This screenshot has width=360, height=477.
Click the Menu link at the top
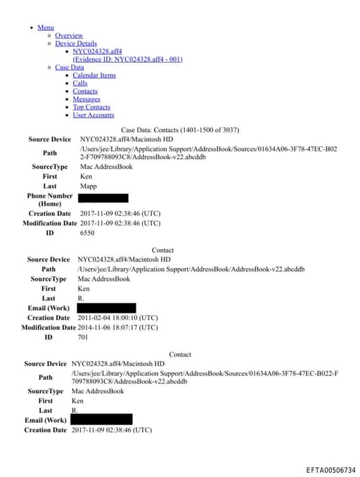pos(45,27)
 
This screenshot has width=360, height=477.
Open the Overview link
pos(69,35)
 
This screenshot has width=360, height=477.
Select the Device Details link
pos(76,44)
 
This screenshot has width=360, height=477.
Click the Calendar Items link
pos(94,75)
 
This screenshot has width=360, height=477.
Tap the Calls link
pos(80,84)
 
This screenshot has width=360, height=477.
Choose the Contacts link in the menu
pos(85,91)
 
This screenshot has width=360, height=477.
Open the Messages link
pos(86,99)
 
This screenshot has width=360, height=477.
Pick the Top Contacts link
pos(91,108)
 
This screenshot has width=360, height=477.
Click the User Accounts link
pos(94,115)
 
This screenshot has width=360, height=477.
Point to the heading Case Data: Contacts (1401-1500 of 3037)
pos(180,130)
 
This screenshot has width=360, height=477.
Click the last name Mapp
pos(89,186)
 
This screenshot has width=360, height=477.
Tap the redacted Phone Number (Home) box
pos(104,198)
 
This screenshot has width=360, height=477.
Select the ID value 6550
pos(87,232)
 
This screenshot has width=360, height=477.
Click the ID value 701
pos(83,337)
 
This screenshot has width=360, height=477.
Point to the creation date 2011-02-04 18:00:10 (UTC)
pos(117,318)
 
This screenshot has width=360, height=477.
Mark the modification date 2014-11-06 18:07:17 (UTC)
pos(117,327)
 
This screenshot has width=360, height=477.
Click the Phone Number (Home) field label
pos(49,200)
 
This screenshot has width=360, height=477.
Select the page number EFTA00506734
pos(330,470)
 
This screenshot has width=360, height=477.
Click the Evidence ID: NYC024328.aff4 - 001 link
pos(127,59)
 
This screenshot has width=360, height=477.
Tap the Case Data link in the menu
pos(69,68)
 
